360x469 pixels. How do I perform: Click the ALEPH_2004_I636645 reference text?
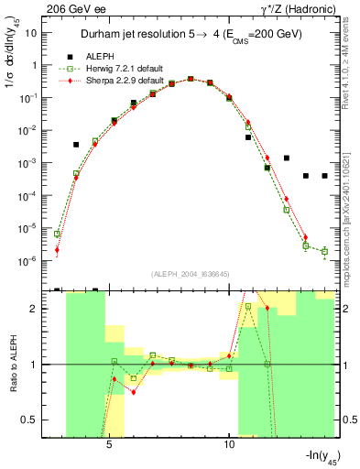[x=190, y=273]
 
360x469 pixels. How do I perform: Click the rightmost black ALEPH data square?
[x=325, y=176]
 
